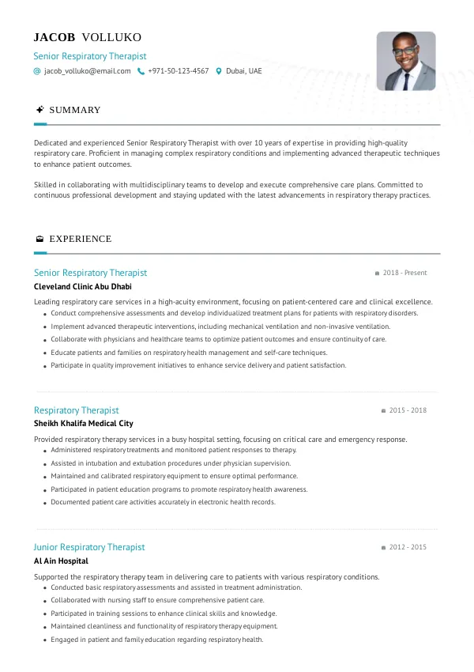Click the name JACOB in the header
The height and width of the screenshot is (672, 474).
[x=55, y=37]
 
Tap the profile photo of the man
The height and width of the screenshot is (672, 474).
[x=405, y=61]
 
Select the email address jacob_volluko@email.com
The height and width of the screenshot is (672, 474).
[x=87, y=71]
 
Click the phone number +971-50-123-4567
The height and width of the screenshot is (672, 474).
[x=178, y=71]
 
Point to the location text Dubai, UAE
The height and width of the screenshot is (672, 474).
[x=243, y=71]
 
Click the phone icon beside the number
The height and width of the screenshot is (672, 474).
[x=141, y=71]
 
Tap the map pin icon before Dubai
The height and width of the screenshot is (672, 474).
[x=219, y=71]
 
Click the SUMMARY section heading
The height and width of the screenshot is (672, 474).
[x=75, y=110]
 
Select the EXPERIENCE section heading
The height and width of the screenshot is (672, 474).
[x=80, y=239]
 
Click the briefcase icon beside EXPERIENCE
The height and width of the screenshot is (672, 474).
[x=39, y=239]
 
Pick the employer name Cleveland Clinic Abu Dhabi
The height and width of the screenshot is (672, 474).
[x=83, y=286]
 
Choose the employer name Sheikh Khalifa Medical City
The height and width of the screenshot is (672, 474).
[x=83, y=424]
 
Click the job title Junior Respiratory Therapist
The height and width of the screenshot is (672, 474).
[x=89, y=547]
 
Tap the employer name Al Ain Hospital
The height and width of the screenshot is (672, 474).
[x=61, y=561]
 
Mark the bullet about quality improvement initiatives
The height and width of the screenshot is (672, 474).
[x=198, y=366]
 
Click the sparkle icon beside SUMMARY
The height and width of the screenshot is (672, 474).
[x=39, y=110]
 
